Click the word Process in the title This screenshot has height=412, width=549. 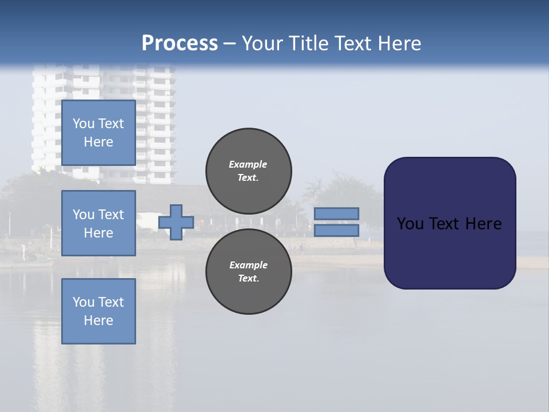pyautogui.click(x=180, y=43)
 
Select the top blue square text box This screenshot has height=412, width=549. pyautogui.click(x=98, y=133)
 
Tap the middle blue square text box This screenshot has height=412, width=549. pyautogui.click(x=98, y=223)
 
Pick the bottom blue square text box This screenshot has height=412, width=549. pyautogui.click(x=98, y=311)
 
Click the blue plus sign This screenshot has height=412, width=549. pyautogui.click(x=176, y=222)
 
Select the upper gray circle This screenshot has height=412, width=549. pyautogui.click(x=248, y=171)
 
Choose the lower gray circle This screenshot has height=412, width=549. pyautogui.click(x=248, y=271)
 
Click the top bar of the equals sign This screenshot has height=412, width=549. pyautogui.click(x=336, y=213)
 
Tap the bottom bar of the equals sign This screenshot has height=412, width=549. pyautogui.click(x=336, y=230)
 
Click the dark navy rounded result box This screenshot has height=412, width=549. pyautogui.click(x=449, y=252)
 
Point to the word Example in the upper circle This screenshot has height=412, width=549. pyautogui.click(x=248, y=164)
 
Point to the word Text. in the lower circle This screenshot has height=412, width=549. pyautogui.click(x=248, y=278)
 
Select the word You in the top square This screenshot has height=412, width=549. pyautogui.click(x=83, y=124)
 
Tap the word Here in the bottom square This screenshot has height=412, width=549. pyautogui.click(x=98, y=320)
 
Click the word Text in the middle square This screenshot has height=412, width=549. pyautogui.click(x=111, y=215)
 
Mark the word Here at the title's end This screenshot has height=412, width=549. pyautogui.click(x=400, y=43)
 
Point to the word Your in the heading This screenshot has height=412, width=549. pyautogui.click(x=262, y=43)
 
